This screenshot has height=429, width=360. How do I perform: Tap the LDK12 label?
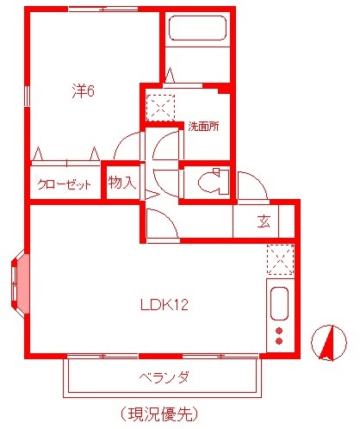[x=164, y=305]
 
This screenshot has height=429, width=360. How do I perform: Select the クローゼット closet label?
[x=65, y=183]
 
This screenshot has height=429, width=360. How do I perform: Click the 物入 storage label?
[x=121, y=183]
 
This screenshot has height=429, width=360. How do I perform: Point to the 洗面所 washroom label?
[x=204, y=126]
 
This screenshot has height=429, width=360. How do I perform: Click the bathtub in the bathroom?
[x=198, y=29]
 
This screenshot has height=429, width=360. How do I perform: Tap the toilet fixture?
[x=209, y=183]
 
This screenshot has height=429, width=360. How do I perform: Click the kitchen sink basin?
[x=279, y=304]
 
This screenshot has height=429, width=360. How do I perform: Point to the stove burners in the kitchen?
[x=279, y=336]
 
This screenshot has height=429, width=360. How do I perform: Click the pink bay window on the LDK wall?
[x=20, y=282]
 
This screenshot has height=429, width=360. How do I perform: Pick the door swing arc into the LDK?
[x=162, y=224]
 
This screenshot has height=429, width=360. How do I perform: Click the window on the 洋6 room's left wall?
[x=28, y=95]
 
